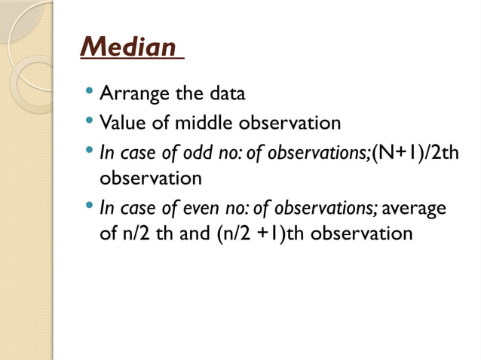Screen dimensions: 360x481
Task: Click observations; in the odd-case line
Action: point(308,151)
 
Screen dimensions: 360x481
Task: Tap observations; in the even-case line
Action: point(331,207)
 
